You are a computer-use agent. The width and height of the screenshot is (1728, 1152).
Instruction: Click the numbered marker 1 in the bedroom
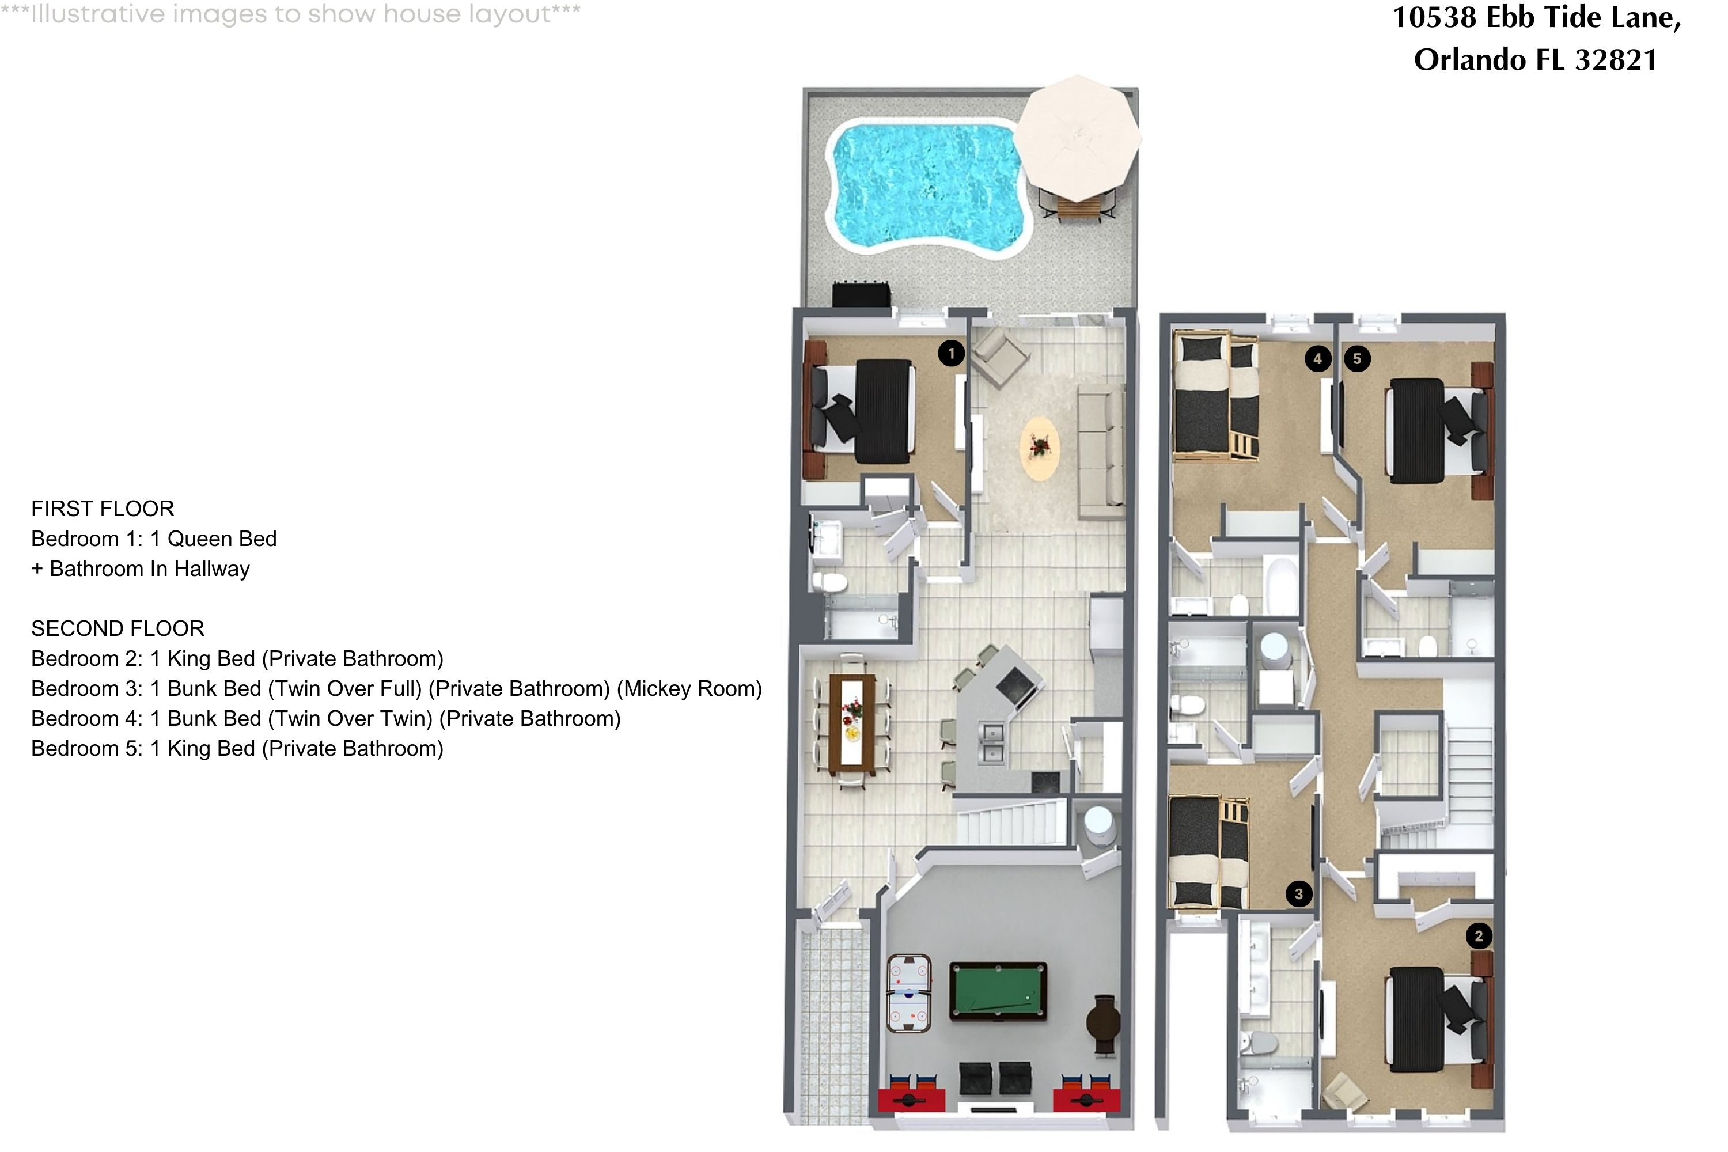coord(952,354)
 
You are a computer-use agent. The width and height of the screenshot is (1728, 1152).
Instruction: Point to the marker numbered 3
coord(1299,894)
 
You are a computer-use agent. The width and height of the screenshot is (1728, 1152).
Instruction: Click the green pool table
coord(997,991)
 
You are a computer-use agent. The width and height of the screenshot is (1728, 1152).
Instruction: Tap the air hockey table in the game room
coord(909,992)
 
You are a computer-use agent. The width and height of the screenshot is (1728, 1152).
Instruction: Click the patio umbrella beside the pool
coord(1078,138)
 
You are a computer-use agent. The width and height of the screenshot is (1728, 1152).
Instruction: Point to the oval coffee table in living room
coord(1040,448)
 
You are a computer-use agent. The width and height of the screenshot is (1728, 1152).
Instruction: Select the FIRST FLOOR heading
coord(103,509)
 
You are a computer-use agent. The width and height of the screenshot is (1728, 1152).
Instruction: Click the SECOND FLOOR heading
coord(118,628)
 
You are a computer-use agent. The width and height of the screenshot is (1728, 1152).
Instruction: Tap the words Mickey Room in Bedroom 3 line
coord(689,688)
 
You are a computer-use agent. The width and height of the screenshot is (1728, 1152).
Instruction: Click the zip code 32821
coord(1616,59)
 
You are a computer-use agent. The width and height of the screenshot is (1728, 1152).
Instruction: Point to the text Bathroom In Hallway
coord(149,569)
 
